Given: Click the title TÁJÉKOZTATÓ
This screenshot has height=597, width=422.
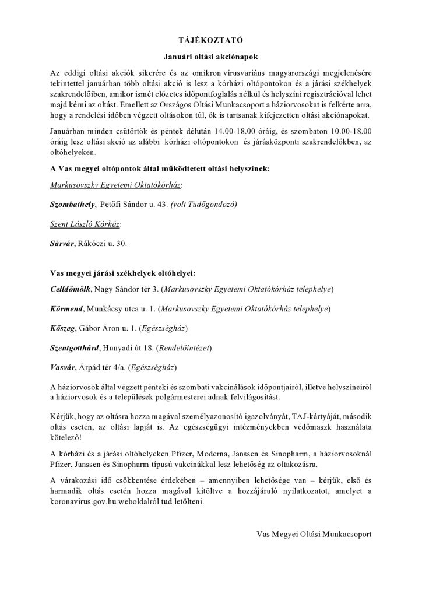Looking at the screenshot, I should pos(211,40).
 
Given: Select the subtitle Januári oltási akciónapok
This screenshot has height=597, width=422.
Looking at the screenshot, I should pos(210,57).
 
